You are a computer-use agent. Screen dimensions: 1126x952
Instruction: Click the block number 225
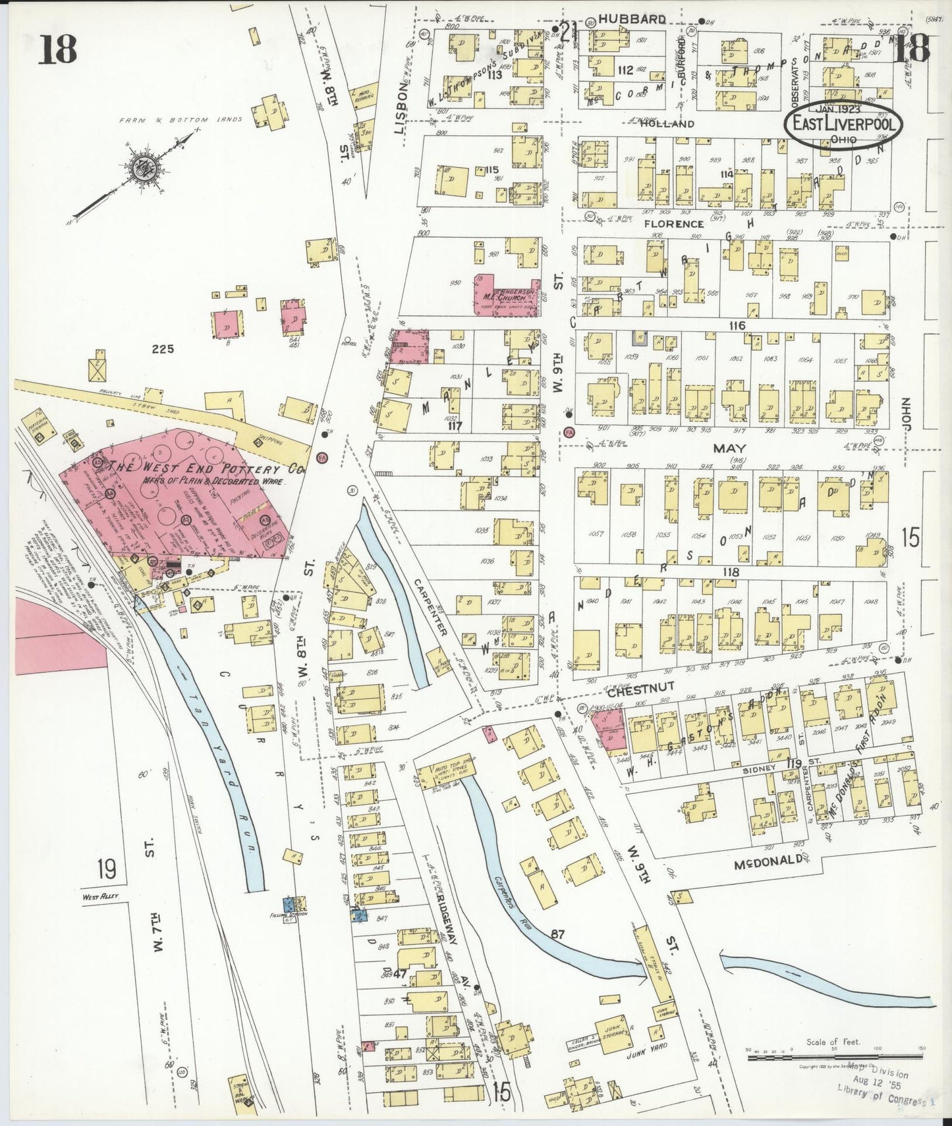(x=162, y=349)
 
